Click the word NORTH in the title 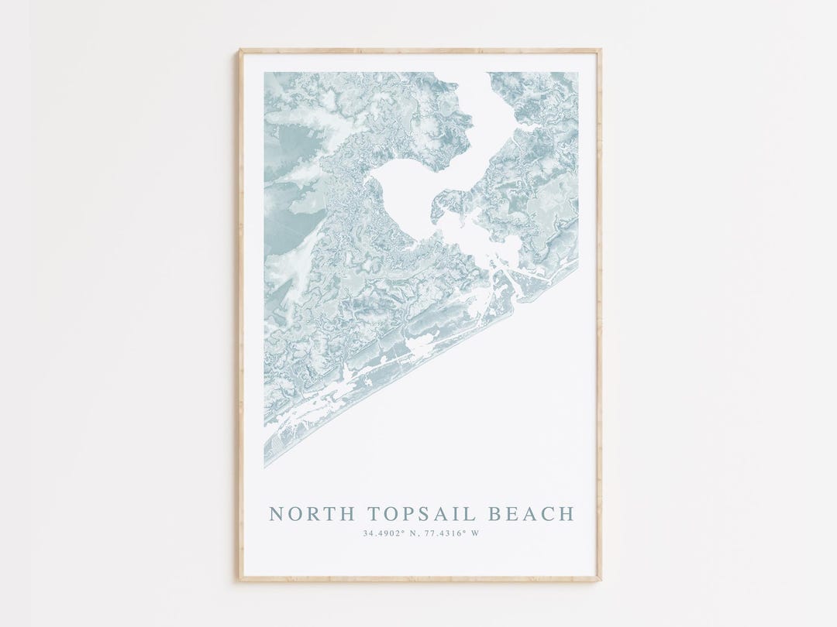305,514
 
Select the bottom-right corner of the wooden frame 600,578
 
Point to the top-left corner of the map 265,74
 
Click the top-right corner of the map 577,74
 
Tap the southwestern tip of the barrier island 266,466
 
